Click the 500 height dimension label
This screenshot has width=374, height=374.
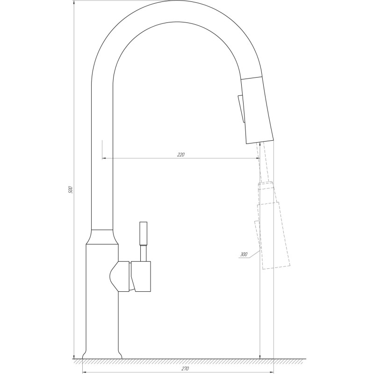pos(71,190)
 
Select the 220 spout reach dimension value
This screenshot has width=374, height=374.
pos(181,155)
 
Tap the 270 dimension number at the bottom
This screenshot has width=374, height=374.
pos(185,369)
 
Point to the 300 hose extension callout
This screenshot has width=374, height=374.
pos(244,255)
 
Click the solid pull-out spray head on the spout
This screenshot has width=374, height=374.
pos(256,110)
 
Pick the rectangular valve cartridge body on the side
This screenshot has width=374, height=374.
pos(142,276)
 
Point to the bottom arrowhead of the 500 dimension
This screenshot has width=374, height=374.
pos(74,355)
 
